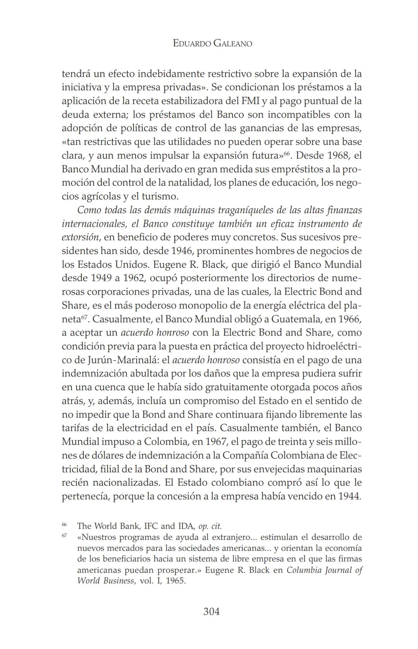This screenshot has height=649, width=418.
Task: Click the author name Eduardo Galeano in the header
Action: pos(212,43)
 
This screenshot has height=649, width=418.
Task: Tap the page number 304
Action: pos(212,611)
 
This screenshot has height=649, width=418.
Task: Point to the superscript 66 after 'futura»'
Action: pos(287,153)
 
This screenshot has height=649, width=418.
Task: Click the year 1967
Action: pos(218,441)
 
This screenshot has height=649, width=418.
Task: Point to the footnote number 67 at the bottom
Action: pos(64,536)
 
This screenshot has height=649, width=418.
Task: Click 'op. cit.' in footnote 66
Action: pos(210,526)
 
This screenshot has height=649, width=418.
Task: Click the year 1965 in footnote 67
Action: pos(176,581)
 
